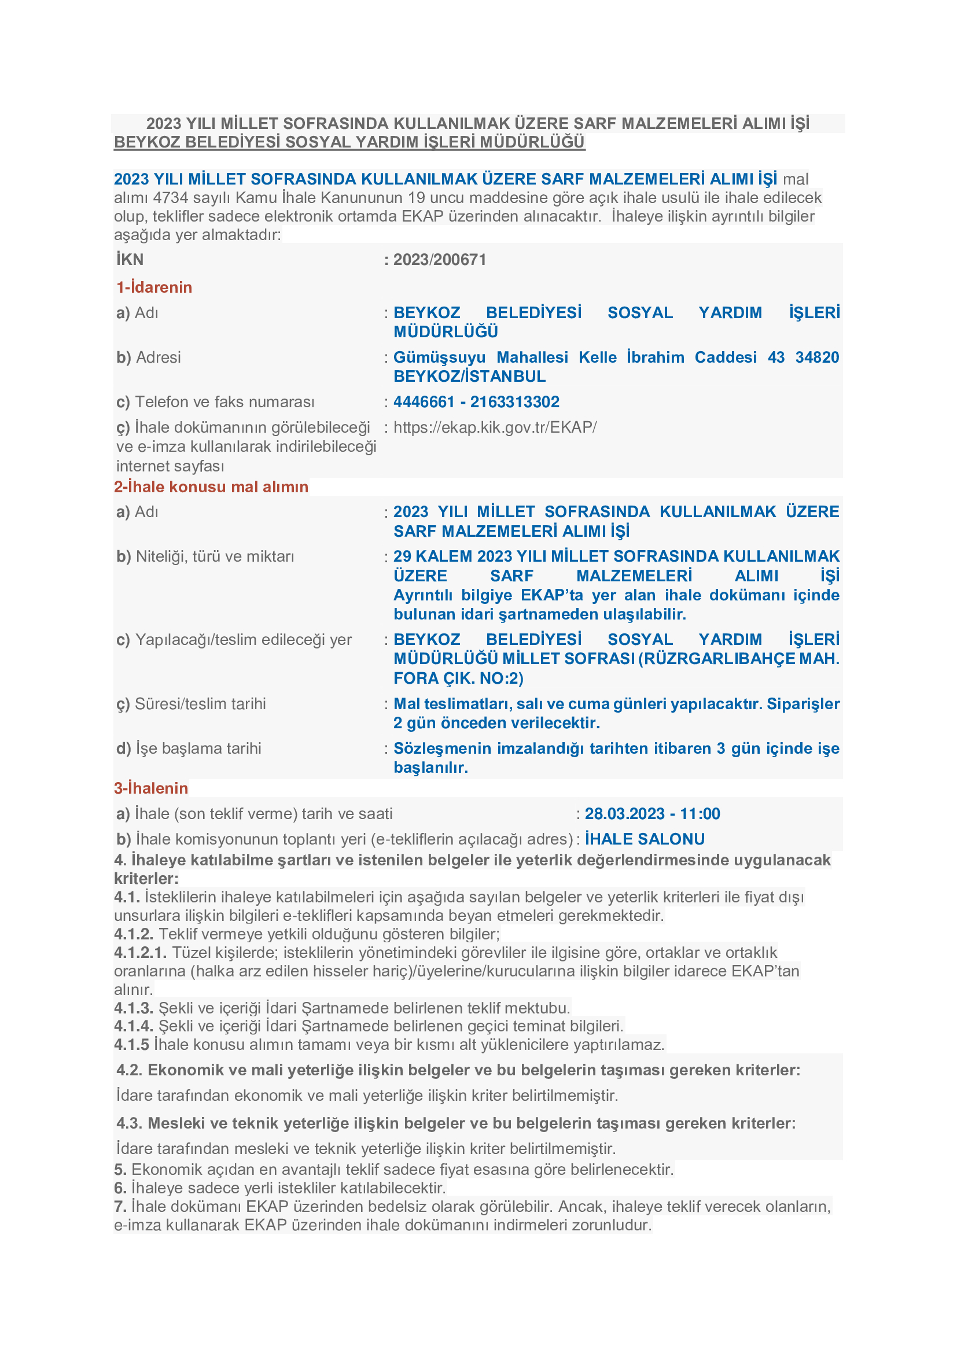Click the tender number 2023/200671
coord(440,259)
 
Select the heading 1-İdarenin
coord(154,287)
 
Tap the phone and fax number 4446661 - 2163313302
coord(476,402)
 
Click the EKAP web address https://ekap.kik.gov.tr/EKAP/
coord(495,427)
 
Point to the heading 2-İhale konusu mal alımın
coord(211,486)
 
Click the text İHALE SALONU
coord(645,839)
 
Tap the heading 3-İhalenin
coord(151,788)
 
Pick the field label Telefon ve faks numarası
coord(224,402)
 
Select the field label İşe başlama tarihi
coord(198,749)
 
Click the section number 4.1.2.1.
coord(140,953)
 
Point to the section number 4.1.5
coord(131,1045)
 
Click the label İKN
coord(130,259)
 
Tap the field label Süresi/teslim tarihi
coord(200,703)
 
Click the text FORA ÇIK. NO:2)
coord(458,679)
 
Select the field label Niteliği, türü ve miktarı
coord(215,556)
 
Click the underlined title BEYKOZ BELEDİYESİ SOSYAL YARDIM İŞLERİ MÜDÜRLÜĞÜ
coord(349,142)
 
